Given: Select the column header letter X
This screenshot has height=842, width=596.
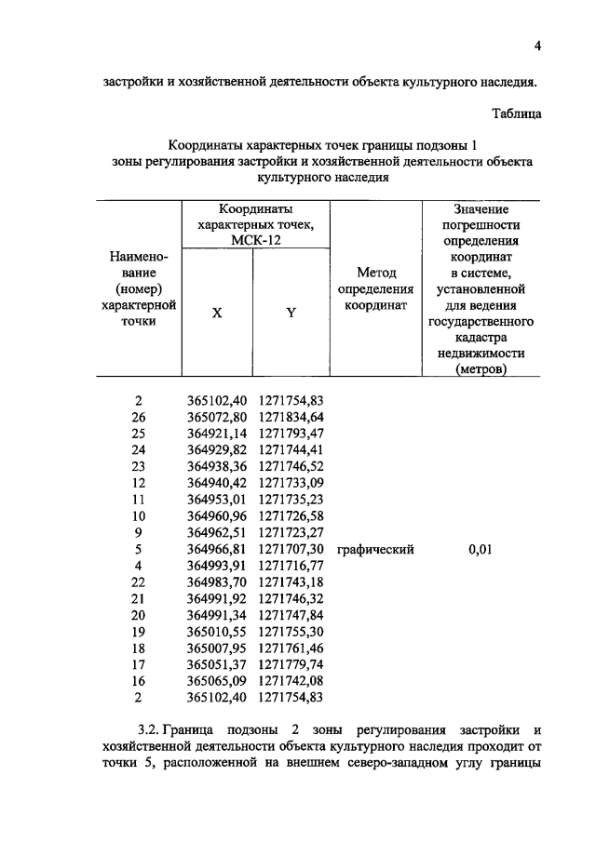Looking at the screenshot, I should click(x=217, y=314).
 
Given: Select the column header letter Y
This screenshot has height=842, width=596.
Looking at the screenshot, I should click(x=291, y=314).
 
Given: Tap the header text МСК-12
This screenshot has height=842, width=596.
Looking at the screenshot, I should click(x=255, y=239).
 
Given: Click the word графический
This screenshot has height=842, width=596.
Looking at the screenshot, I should click(x=375, y=550).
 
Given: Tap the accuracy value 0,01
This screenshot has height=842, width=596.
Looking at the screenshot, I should click(x=480, y=550).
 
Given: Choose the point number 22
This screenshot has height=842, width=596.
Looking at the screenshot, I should click(x=140, y=583).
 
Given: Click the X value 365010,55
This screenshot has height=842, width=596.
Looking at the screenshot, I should click(x=217, y=634).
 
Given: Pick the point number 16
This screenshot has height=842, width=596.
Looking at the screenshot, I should click(x=140, y=684).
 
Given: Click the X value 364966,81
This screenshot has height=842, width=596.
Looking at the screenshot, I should click(x=217, y=550).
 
